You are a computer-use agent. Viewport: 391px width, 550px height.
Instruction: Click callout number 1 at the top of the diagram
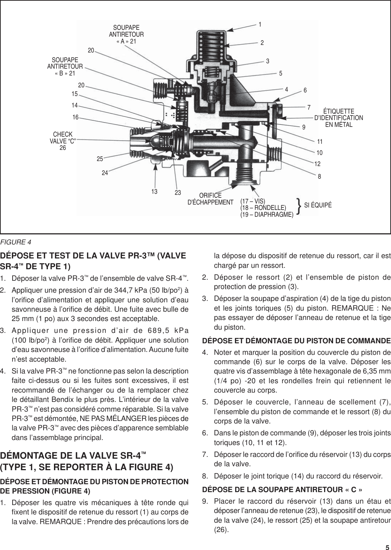260,24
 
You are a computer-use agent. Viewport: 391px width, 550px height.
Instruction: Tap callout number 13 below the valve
155,192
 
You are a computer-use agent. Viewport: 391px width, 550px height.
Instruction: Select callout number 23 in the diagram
178,193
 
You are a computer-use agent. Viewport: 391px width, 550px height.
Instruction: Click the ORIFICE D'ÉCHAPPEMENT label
210,198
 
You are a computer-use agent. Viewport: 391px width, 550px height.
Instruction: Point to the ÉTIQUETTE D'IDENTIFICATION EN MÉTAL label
338,118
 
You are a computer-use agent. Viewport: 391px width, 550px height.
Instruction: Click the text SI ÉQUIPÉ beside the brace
318,205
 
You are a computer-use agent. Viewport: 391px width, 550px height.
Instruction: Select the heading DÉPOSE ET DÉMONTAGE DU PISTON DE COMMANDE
296,340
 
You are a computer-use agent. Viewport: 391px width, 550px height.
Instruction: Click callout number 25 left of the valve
100,159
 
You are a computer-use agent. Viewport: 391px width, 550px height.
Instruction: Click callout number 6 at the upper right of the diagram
305,91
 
